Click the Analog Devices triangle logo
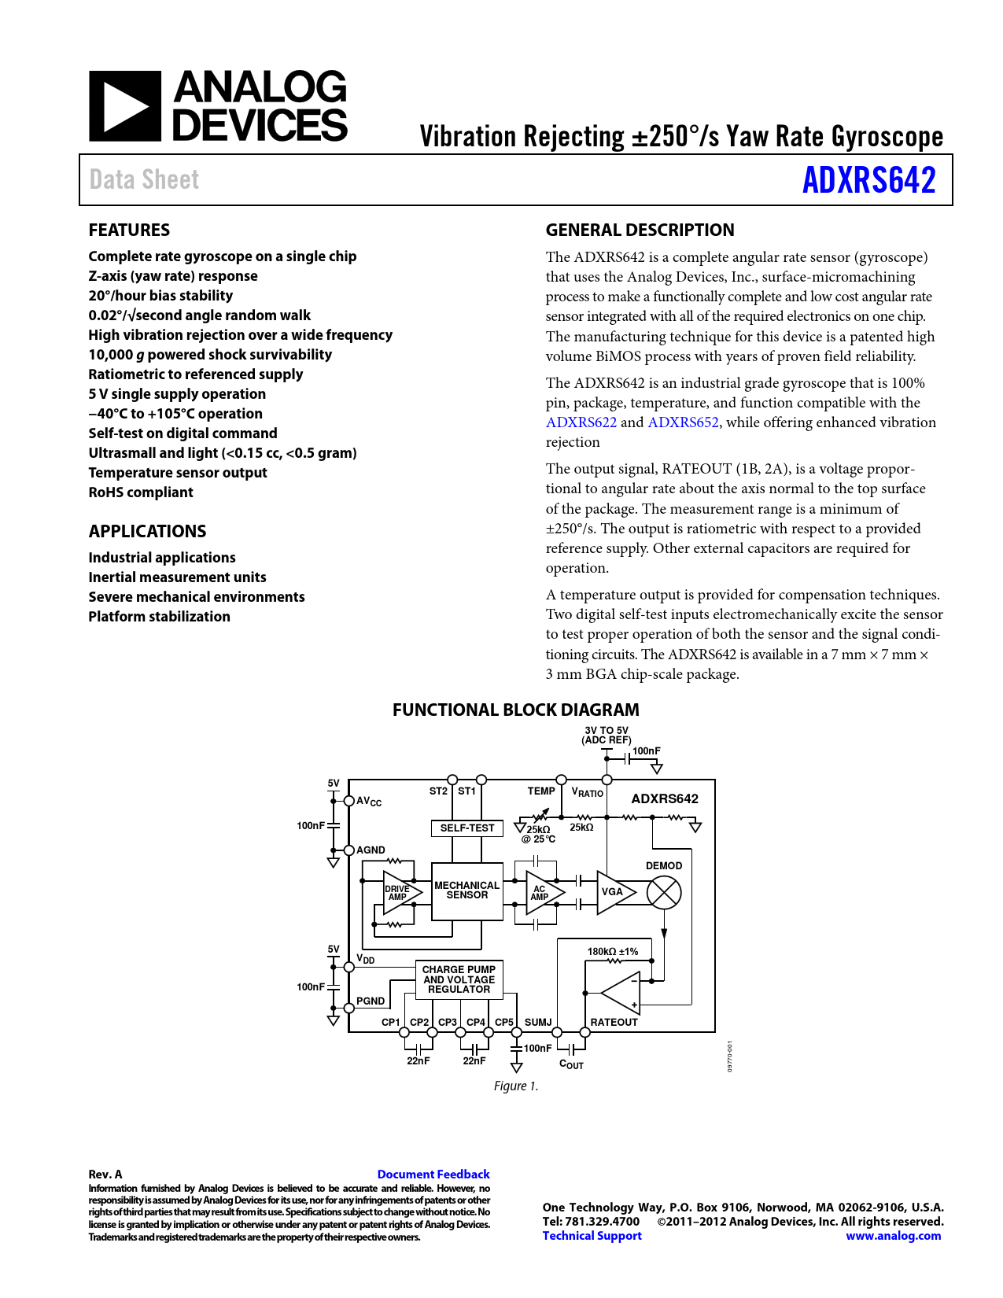pyautogui.click(x=125, y=106)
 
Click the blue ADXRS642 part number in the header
pyautogui.click(x=868, y=180)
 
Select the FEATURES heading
pyautogui.click(x=129, y=230)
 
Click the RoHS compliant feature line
pyautogui.click(x=141, y=492)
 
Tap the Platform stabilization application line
pyautogui.click(x=159, y=617)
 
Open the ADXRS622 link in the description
pyautogui.click(x=581, y=422)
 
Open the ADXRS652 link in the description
pyautogui.click(x=683, y=422)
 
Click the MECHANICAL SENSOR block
pyautogui.click(x=466, y=891)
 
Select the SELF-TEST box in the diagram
pyautogui.click(x=466, y=828)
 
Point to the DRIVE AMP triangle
pyautogui.click(x=400, y=892)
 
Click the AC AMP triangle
pyautogui.click(x=542, y=892)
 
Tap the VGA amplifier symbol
pyautogui.click(x=614, y=892)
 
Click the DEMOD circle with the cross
pyautogui.click(x=664, y=893)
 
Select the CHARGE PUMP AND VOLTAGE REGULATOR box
pyautogui.click(x=459, y=979)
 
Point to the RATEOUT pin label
pyautogui.click(x=614, y=1022)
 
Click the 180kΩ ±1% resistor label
pyautogui.click(x=613, y=951)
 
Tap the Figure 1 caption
pyautogui.click(x=516, y=1086)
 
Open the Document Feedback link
pyautogui.click(x=433, y=1174)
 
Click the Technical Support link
pyautogui.click(x=592, y=1236)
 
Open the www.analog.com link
pyautogui.click(x=893, y=1236)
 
